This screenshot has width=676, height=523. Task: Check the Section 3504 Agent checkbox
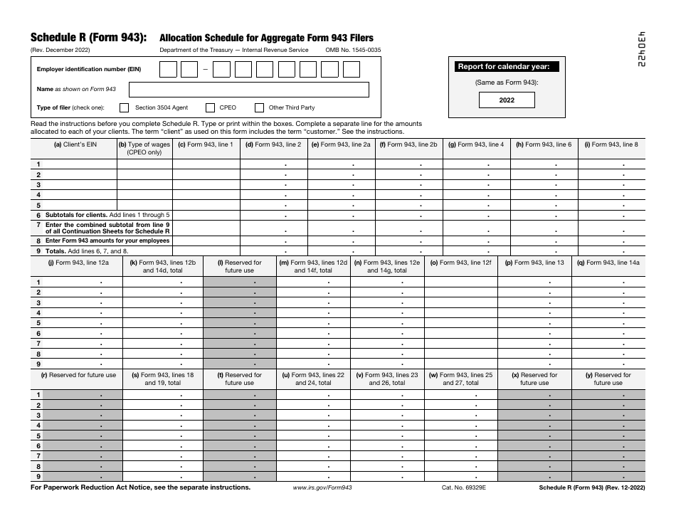(125, 108)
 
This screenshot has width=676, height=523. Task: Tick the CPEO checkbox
(211, 108)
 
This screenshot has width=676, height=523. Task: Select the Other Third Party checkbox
(259, 108)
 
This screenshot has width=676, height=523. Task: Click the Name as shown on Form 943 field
(248, 90)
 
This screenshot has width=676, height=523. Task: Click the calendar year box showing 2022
(507, 100)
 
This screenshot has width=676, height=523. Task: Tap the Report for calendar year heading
(507, 67)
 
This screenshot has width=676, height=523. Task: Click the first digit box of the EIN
(168, 69)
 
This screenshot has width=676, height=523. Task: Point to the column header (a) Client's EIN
(76, 145)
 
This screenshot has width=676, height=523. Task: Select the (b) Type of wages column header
(144, 148)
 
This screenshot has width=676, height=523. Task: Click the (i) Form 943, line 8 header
(611, 144)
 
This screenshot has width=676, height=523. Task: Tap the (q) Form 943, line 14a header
(608, 263)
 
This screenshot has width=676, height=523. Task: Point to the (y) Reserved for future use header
(608, 379)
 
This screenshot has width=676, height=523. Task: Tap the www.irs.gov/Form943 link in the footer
(322, 488)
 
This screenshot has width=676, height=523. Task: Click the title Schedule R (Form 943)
(89, 38)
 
